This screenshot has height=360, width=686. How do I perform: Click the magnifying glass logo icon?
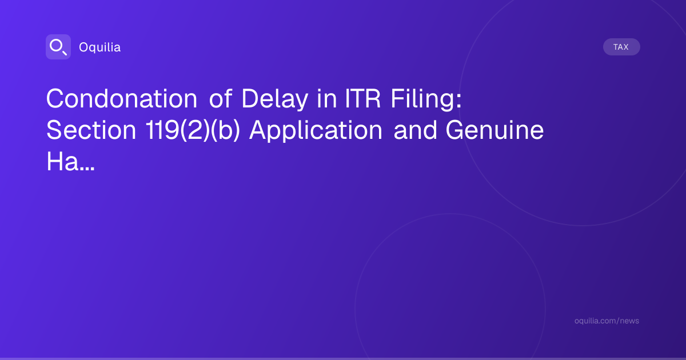click(58, 47)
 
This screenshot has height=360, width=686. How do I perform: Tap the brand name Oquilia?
click(100, 47)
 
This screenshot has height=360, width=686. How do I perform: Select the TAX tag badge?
click(621, 47)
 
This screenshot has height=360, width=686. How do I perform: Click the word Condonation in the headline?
click(122, 98)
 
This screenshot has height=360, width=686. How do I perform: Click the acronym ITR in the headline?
click(362, 98)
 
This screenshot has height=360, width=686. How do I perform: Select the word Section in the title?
click(91, 130)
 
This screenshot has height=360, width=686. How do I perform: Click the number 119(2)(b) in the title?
click(193, 131)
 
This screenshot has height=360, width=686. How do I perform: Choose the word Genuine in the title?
click(494, 130)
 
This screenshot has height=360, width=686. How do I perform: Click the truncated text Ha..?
click(62, 161)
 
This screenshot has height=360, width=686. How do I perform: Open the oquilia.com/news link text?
click(607, 321)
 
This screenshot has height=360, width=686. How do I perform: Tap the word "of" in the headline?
click(220, 98)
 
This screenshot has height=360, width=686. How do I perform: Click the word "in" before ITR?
click(327, 98)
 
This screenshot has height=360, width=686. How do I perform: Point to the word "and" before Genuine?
click(415, 130)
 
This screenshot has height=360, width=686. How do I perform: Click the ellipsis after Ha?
click(87, 169)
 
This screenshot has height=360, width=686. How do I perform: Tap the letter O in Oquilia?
click(84, 47)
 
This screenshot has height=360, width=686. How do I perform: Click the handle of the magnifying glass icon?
click(65, 53)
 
